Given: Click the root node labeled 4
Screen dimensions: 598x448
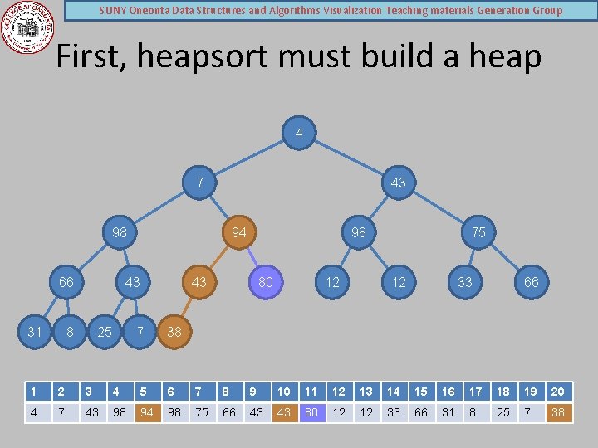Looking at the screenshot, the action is coord(299,133).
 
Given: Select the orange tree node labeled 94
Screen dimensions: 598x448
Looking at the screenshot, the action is coord(239,232).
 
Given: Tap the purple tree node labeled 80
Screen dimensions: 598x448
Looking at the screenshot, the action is coord(266,282).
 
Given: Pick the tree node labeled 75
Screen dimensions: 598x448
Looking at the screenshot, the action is coord(478,232).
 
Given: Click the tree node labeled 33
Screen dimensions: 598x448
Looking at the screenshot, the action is coord(465,282).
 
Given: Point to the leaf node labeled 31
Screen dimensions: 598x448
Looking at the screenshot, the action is coord(35,332).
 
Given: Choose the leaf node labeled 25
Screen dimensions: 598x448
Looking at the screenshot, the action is coord(105,332).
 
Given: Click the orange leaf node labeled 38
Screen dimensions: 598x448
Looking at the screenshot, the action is coord(174,332).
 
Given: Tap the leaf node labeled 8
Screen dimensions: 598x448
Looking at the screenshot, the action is coord(70,332).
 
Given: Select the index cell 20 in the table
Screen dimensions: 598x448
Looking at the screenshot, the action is coord(559,392).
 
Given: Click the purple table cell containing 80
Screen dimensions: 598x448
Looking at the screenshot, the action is coord(311,411).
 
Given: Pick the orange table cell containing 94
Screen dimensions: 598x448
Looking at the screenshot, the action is coord(147,411).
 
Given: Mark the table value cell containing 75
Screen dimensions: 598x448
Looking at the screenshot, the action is coord(202,411).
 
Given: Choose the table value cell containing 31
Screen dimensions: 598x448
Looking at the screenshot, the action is coord(448,411).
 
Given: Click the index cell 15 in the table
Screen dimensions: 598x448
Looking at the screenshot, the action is coord(421,392).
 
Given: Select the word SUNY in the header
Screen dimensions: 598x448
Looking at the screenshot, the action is coord(113,11).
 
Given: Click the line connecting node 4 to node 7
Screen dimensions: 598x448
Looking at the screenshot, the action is coord(249,158).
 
